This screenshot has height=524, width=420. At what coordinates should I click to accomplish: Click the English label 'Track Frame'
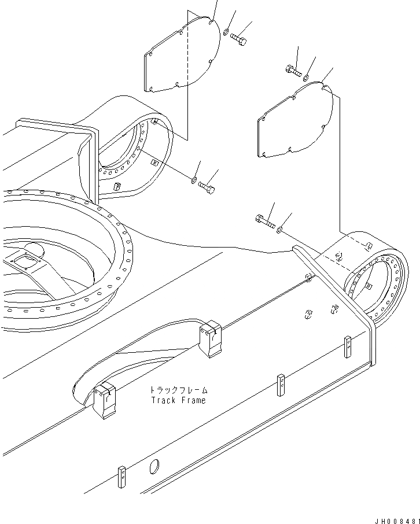pyautogui.click(x=178, y=400)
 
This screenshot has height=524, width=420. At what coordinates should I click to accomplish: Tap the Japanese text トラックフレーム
pyautogui.click(x=178, y=390)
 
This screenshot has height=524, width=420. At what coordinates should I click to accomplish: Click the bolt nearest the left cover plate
pyautogui.click(x=239, y=38)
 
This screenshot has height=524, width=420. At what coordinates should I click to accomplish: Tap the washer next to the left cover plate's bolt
pyautogui.click(x=226, y=32)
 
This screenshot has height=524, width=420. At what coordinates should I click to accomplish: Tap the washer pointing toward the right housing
pyautogui.click(x=279, y=231)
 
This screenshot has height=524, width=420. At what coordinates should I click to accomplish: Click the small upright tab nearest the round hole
pyautogui.click(x=122, y=476)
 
